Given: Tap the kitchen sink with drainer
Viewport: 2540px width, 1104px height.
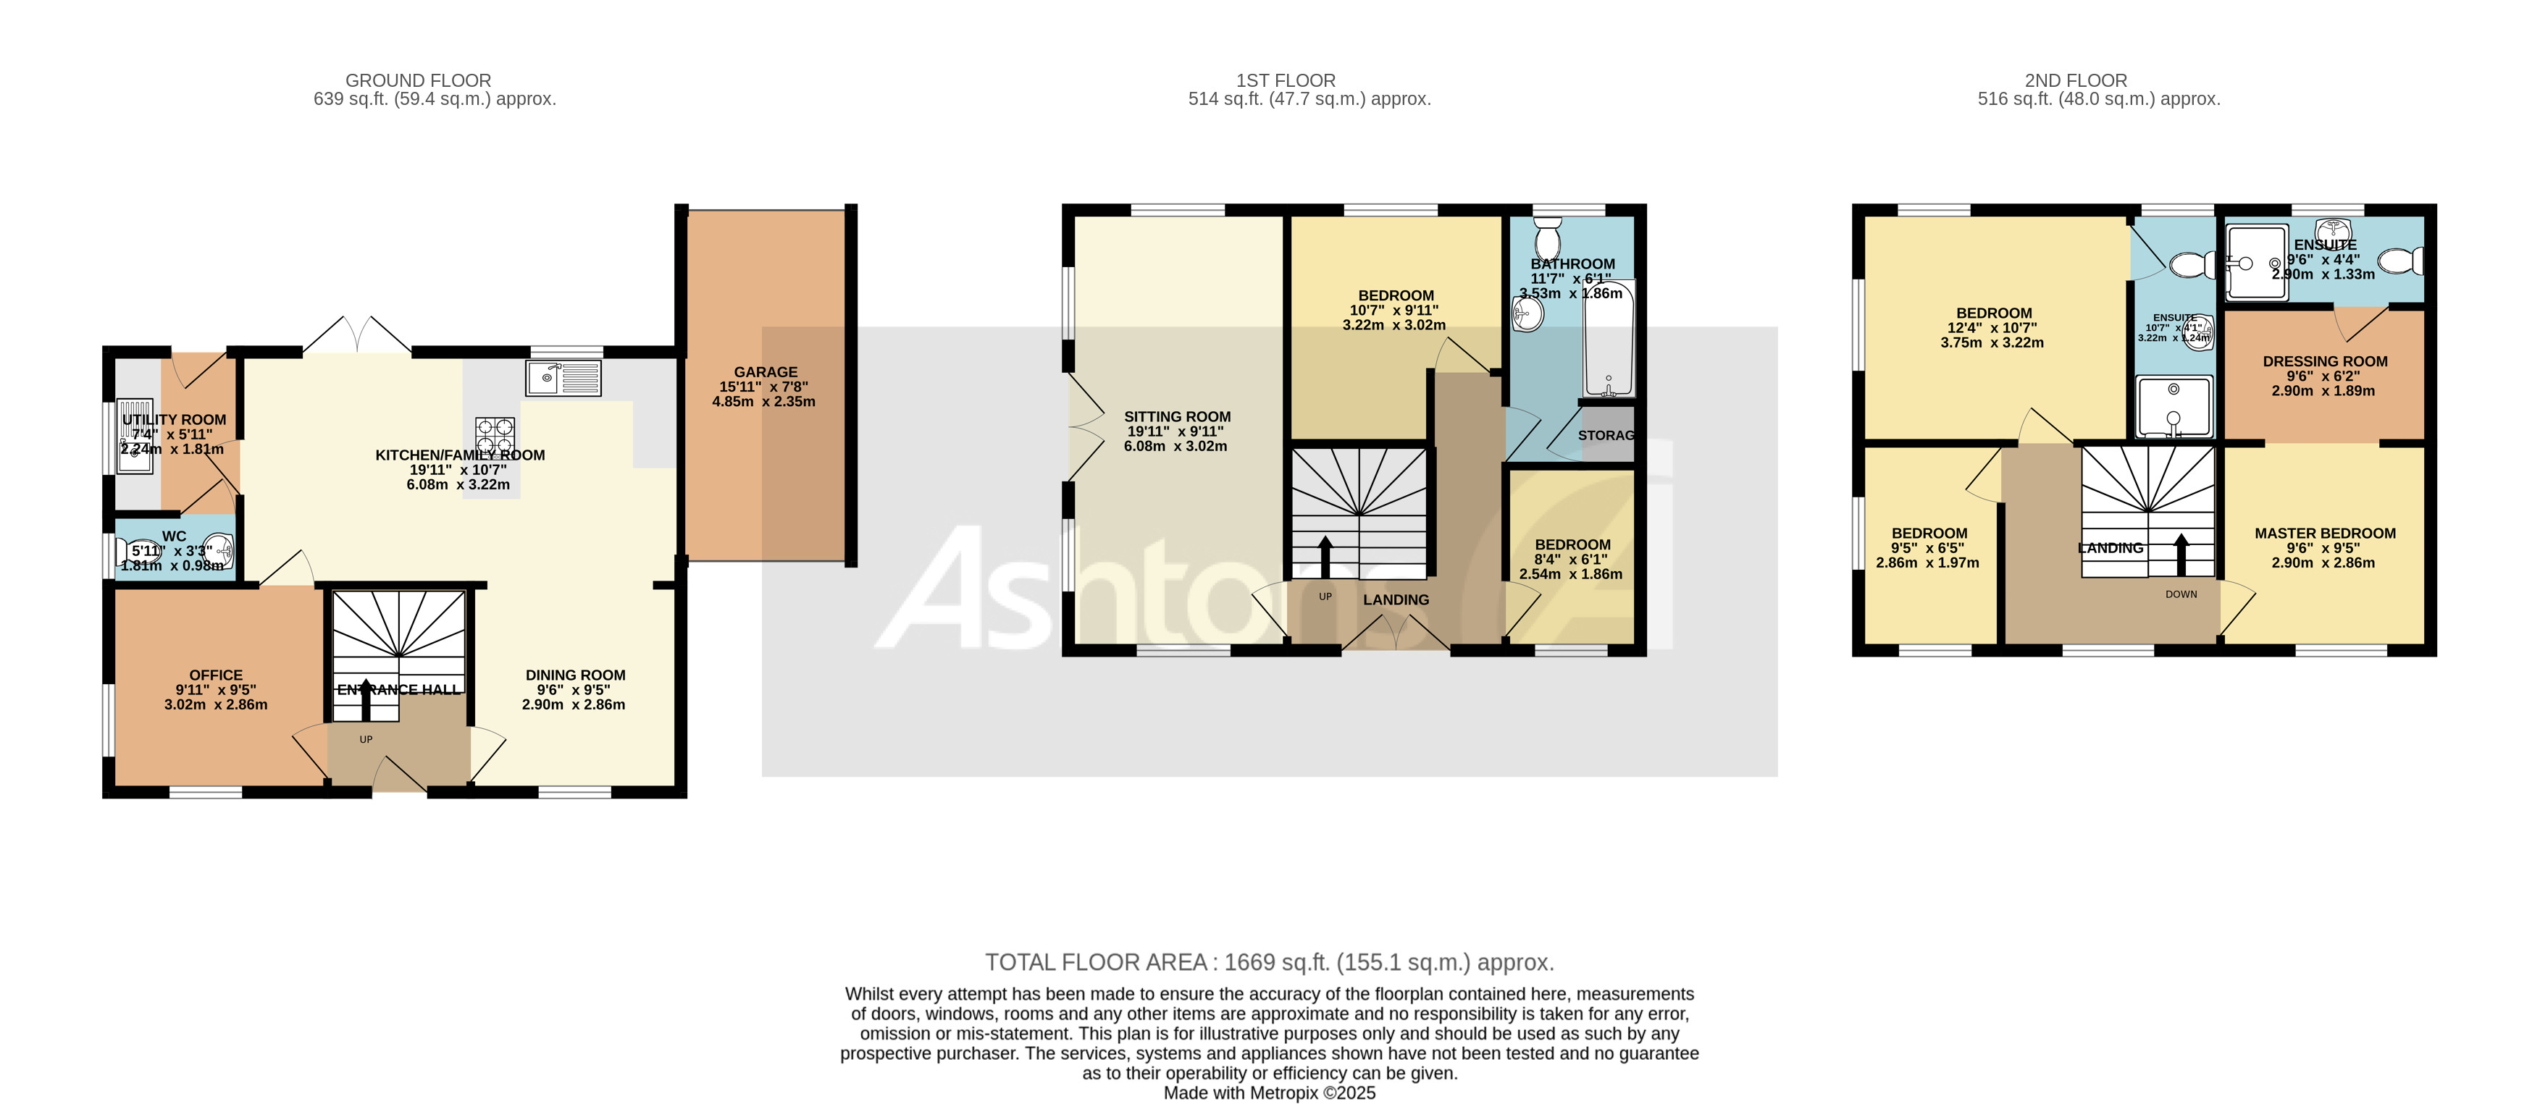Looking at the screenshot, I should tap(563, 377).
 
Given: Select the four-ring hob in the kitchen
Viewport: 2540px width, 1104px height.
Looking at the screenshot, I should tap(495, 434).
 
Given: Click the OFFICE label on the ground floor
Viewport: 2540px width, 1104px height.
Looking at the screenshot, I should tap(216, 675).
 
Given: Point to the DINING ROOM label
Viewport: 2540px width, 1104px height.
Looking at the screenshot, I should tap(575, 675).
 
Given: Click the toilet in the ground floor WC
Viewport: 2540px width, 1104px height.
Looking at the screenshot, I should tap(135, 551).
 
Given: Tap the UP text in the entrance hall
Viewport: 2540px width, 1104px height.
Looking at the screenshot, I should tap(366, 739).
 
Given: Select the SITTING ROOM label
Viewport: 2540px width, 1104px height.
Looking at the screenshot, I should tap(1178, 417).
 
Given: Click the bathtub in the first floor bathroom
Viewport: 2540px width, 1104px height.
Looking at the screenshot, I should tap(1608, 340).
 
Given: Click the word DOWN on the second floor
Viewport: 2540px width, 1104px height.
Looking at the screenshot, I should tap(2181, 594).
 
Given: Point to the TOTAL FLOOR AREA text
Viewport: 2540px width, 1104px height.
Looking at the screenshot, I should tap(1269, 962).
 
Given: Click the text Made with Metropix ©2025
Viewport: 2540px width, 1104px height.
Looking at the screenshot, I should tap(1269, 1092).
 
